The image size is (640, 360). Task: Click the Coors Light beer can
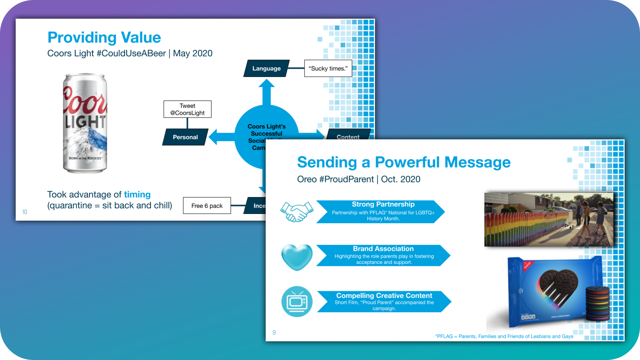[x=85, y=123]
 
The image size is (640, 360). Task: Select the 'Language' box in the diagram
[x=266, y=68]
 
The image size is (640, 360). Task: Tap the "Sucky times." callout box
[x=328, y=68]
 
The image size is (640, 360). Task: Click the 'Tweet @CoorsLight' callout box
[x=187, y=109]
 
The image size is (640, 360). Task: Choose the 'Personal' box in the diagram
[x=185, y=137]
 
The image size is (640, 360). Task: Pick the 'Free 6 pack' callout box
[x=207, y=206]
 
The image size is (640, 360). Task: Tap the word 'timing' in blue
[x=137, y=194]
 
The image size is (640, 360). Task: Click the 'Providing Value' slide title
[x=104, y=37]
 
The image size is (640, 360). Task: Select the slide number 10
[x=25, y=212]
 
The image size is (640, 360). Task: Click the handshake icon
[x=297, y=212]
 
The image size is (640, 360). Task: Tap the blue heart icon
[x=297, y=257]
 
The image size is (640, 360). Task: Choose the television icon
[x=297, y=302]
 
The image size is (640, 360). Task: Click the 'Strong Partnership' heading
[x=383, y=204]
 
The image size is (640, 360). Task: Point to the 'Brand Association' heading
[x=383, y=249]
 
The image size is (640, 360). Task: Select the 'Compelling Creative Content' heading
[x=384, y=296]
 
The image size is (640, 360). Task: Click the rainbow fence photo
[x=548, y=219]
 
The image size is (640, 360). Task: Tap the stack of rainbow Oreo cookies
[x=597, y=303]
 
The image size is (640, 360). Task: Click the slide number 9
[x=274, y=333]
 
